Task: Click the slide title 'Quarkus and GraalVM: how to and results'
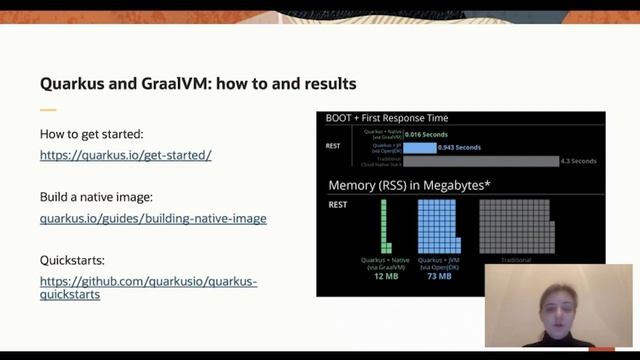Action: coord(198,83)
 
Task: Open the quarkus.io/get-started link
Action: coord(125,155)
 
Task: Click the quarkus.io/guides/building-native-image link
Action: coord(153,218)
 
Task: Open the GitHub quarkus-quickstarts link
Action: coord(148,288)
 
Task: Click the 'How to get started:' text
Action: coord(92,134)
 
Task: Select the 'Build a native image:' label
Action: coord(96,197)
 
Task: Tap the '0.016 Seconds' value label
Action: coord(428,134)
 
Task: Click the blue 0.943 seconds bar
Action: coord(419,147)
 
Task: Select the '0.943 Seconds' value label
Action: coord(460,147)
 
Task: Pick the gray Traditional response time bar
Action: coord(480,160)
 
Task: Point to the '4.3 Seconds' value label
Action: coord(578,160)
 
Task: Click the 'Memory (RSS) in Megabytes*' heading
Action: coord(410,185)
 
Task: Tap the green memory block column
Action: coord(384,225)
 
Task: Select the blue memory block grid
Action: coord(439,225)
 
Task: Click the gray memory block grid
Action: coord(515,225)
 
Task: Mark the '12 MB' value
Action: coord(385,276)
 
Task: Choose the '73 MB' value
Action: coord(439,276)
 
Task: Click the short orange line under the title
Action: coord(48,109)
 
